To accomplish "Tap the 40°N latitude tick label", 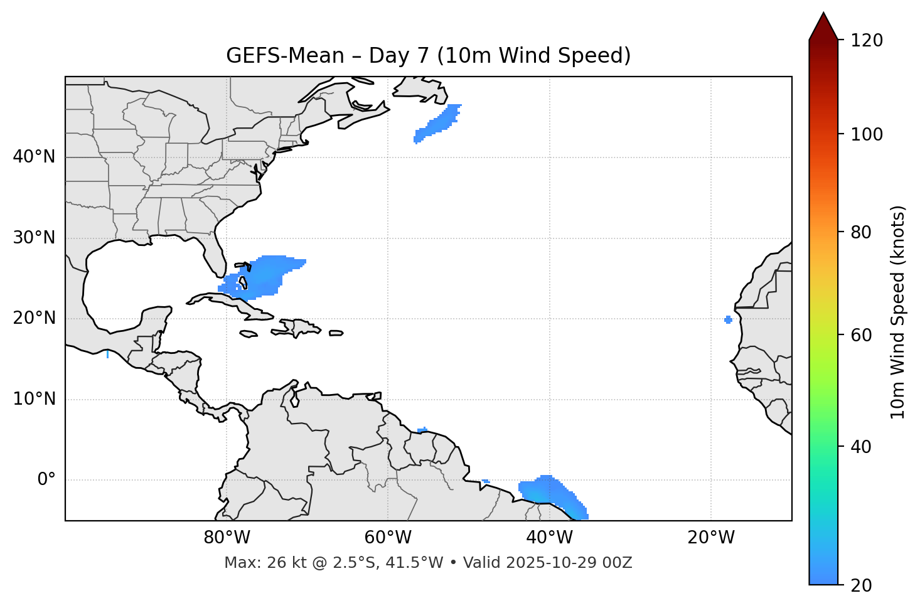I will click(x=34, y=157).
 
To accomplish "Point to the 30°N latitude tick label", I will click(x=34, y=238).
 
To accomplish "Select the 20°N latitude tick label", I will click(x=34, y=318).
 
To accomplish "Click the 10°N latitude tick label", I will click(x=34, y=399).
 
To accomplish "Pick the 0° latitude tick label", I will click(x=46, y=480).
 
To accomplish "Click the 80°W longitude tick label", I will click(x=227, y=538).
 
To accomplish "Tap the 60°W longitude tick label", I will click(x=388, y=538).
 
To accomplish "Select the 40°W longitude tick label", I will click(x=550, y=538).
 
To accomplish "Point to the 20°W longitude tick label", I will click(x=711, y=538).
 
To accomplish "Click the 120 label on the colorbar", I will click(x=866, y=40).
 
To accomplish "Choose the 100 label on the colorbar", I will click(x=866, y=134).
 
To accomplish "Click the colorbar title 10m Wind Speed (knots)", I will click(x=898, y=312).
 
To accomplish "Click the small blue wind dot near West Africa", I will click(x=728, y=320).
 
